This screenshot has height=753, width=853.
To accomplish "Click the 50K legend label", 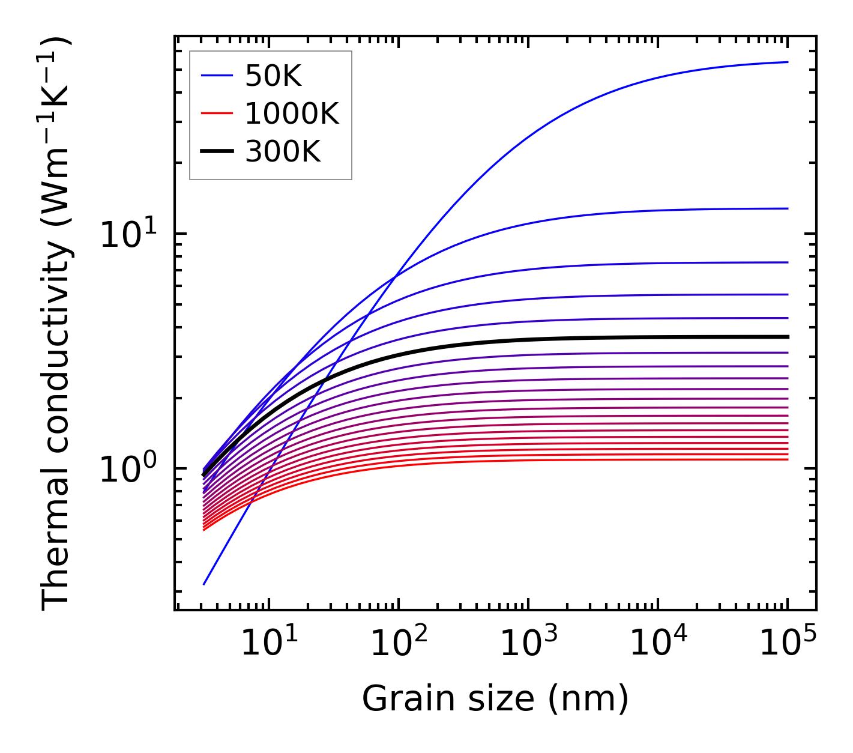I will pyautogui.click(x=273, y=76).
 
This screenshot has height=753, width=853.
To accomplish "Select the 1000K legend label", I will pyautogui.click(x=292, y=113).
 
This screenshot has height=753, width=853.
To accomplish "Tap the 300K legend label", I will pyautogui.click(x=283, y=152).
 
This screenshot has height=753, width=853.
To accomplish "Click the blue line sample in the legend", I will pyautogui.click(x=216, y=76).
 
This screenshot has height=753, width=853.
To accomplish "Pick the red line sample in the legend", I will pyautogui.click(x=216, y=113).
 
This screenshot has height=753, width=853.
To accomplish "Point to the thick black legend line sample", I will pyautogui.click(x=216, y=152).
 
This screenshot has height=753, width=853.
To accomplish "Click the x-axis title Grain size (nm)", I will pyautogui.click(x=495, y=699).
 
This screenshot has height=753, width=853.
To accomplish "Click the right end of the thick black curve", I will pyautogui.click(x=787, y=337).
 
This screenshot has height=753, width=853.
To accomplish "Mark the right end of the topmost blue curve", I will pyautogui.click(x=787, y=62).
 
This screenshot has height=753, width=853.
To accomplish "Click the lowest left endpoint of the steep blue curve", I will pyautogui.click(x=204, y=584).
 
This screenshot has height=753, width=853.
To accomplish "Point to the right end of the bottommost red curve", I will pyautogui.click(x=787, y=459).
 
